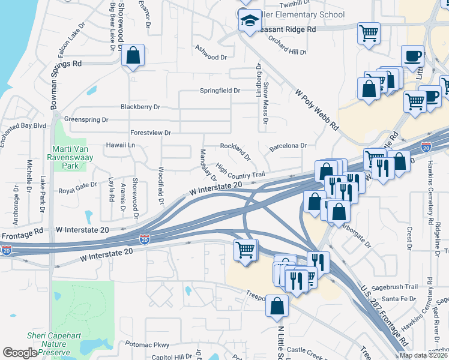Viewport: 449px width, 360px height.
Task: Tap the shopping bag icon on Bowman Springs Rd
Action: point(133,56)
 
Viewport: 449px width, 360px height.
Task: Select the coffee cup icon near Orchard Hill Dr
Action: point(412,57)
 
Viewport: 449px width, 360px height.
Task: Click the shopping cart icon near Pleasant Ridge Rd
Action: point(369,32)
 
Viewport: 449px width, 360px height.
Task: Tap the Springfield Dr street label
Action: point(220,91)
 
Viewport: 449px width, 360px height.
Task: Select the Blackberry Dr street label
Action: point(140,107)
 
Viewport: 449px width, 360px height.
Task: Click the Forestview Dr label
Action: point(150,133)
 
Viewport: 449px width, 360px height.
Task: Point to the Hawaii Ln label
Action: point(121,145)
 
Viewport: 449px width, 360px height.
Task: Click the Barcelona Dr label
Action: point(288,146)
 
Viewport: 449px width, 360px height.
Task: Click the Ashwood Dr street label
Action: point(211,58)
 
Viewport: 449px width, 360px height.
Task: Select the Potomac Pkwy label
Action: point(148,344)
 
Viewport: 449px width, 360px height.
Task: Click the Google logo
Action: point(20,353)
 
